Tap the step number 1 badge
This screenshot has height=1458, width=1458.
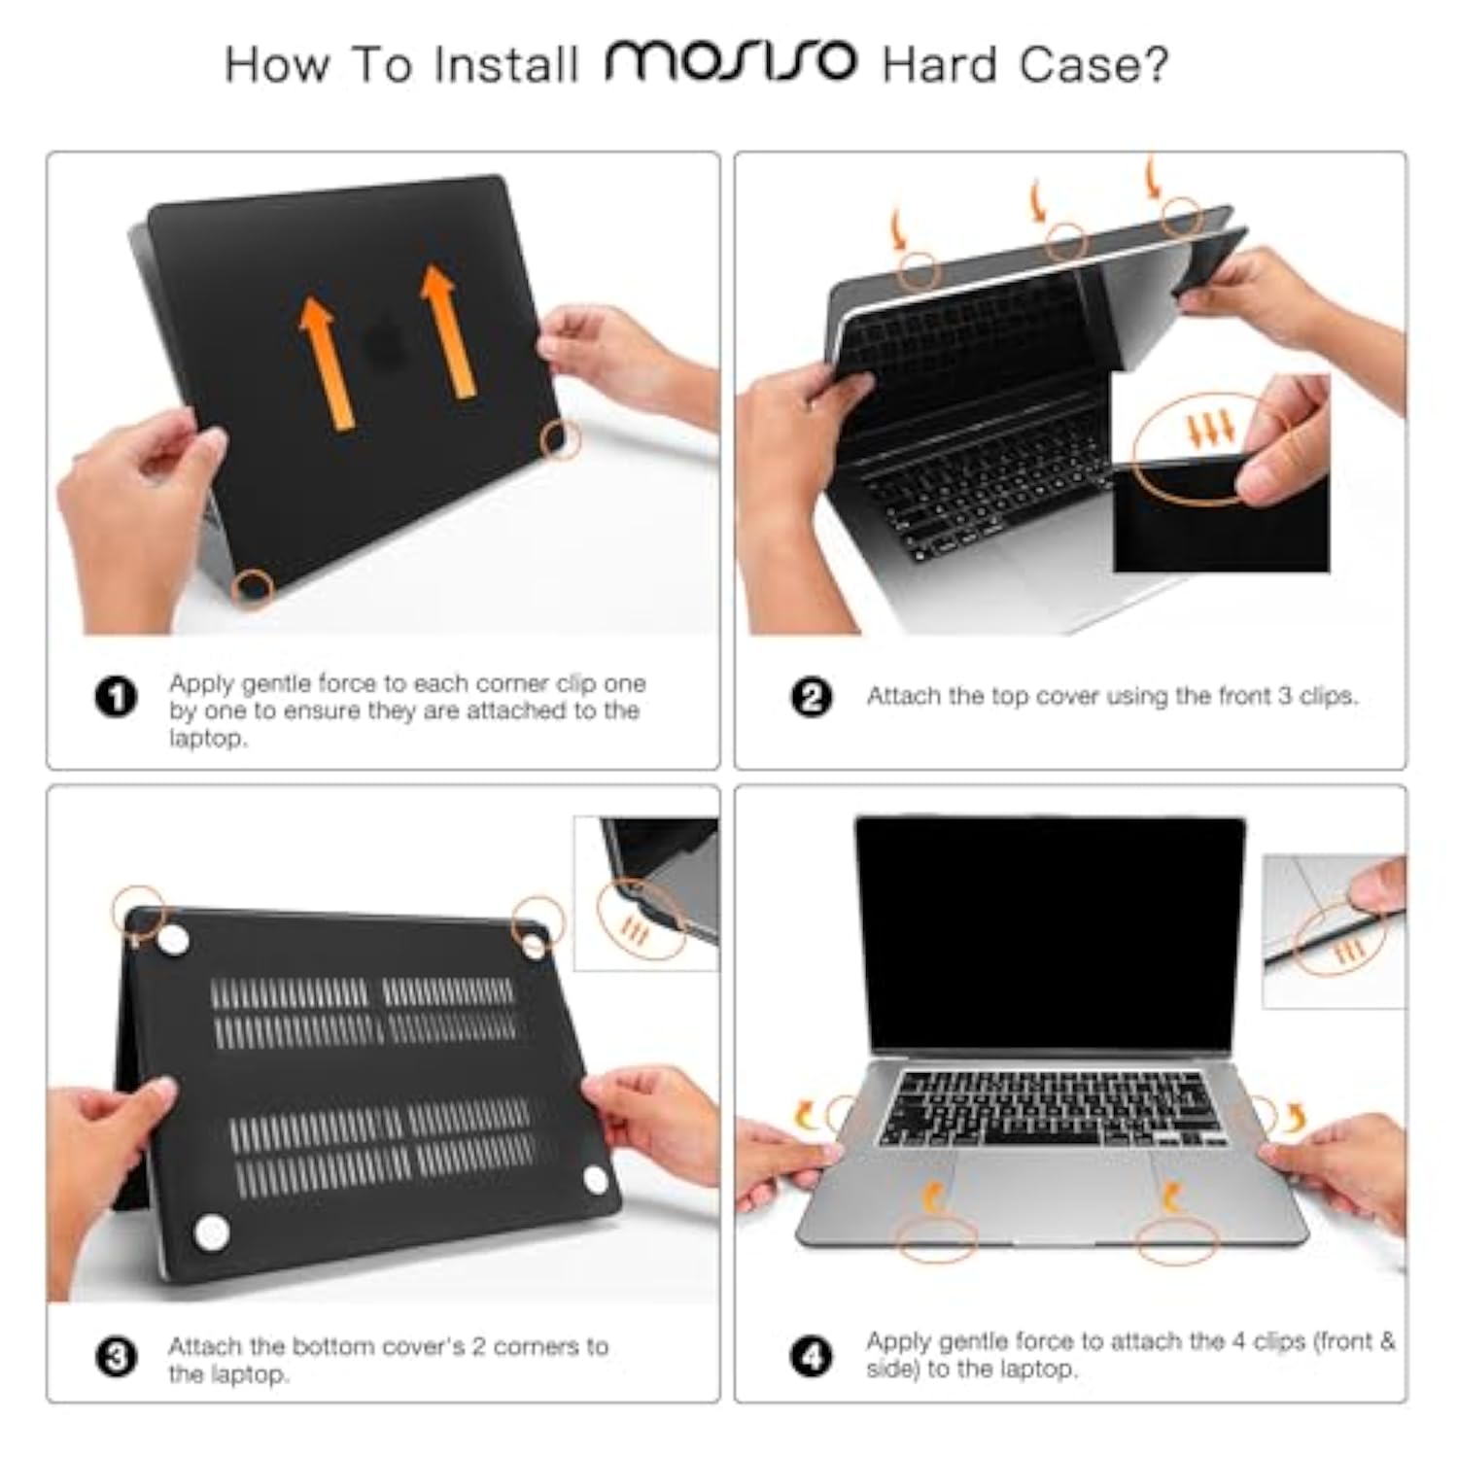(x=116, y=697)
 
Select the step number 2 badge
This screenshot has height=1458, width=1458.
(x=812, y=697)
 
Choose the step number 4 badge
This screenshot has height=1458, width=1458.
(x=812, y=1356)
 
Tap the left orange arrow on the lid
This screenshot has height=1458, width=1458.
(x=326, y=363)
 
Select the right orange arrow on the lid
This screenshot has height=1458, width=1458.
(x=449, y=330)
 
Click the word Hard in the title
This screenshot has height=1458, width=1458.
(x=939, y=65)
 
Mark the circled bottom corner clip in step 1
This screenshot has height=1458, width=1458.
(x=255, y=586)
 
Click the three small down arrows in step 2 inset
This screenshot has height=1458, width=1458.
(x=1210, y=427)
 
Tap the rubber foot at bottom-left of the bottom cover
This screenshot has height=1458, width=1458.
(x=211, y=1232)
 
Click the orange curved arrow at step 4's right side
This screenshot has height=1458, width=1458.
(x=1295, y=1118)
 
